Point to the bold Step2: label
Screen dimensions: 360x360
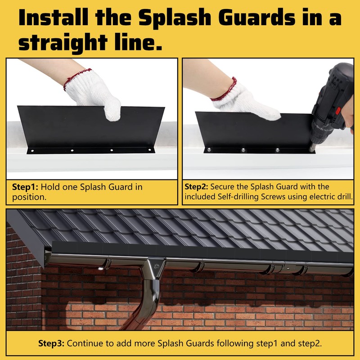tap(197, 187)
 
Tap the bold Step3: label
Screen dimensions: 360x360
tap(52, 343)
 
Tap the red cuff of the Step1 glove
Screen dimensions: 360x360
tap(76, 80)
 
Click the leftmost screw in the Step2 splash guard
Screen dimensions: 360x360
tap(209, 149)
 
